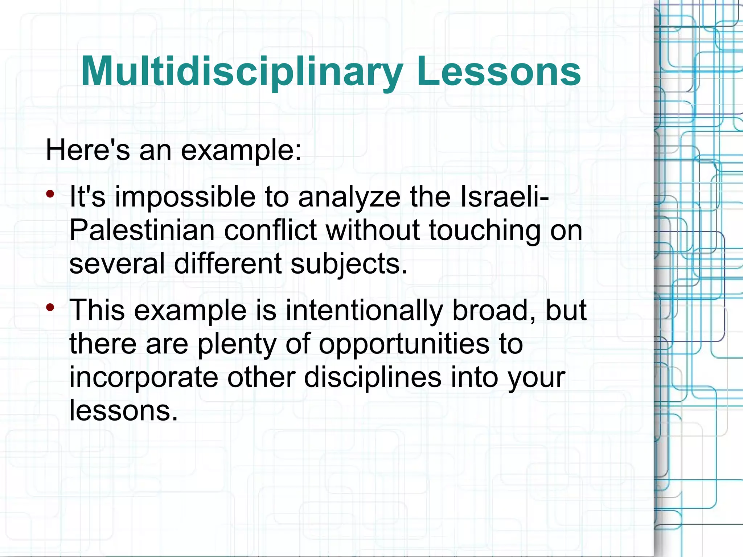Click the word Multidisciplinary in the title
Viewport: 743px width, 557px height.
[x=242, y=71]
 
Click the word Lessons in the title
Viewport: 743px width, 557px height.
[x=499, y=71]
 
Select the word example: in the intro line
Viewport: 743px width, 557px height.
[x=241, y=151]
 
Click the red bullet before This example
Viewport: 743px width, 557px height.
[x=50, y=307]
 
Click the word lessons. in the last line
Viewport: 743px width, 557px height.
[x=123, y=410]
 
